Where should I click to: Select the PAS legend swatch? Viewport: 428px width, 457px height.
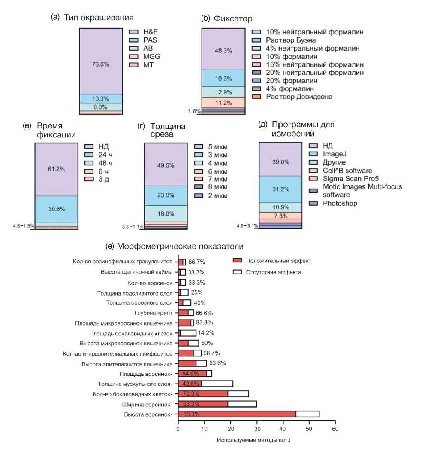tap(133, 40)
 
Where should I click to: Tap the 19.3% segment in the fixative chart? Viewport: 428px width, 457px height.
tap(223, 78)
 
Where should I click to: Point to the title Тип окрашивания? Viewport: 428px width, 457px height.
tap(99, 18)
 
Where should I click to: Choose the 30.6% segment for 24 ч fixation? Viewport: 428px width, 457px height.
tap(56, 209)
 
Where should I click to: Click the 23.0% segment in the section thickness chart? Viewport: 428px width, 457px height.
tap(166, 195)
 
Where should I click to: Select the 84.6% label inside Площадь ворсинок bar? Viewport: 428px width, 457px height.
tap(192, 374)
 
